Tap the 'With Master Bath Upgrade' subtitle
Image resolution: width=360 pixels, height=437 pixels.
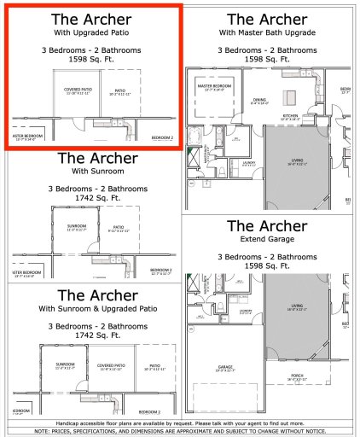[x=267, y=32]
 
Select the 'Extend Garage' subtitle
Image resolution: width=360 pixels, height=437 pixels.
[x=267, y=241]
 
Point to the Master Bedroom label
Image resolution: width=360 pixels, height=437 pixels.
[x=216, y=86]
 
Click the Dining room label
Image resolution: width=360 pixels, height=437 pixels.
[x=259, y=101]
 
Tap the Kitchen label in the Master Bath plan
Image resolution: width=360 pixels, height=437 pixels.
[x=290, y=114]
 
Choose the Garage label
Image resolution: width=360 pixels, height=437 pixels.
[x=224, y=369]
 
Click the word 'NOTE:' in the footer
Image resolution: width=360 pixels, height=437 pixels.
[x=43, y=431]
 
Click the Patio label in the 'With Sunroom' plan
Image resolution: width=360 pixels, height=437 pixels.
[x=119, y=226]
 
